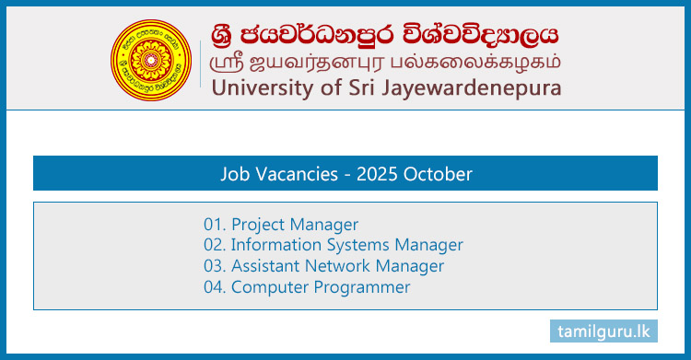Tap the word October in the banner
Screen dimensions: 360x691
click(437, 173)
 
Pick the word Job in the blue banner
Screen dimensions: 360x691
click(236, 173)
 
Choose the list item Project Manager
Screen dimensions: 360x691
click(294, 225)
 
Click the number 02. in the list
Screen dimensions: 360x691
click(215, 246)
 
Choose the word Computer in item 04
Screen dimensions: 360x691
click(269, 288)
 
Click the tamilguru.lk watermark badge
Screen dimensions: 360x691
click(603, 330)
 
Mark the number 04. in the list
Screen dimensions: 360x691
click(215, 288)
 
